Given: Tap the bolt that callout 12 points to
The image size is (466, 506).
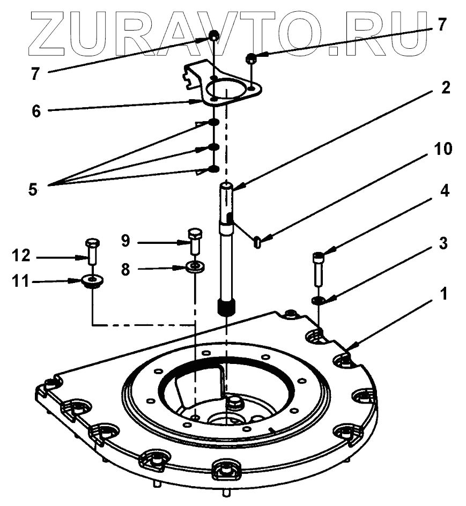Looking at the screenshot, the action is coord(91,250).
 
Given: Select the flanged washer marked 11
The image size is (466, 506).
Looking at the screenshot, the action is coord(93,281).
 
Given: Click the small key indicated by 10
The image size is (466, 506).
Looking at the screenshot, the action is coord(257,242).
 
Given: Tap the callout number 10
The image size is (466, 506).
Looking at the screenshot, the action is coord(443,149).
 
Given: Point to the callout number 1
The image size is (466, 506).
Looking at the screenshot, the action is coord(445,294).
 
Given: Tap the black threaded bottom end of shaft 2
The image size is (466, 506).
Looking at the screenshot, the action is coord(227,308).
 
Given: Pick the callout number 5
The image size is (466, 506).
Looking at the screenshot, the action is coord(34,190).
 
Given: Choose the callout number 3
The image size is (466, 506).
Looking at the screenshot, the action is coord(445,243).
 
